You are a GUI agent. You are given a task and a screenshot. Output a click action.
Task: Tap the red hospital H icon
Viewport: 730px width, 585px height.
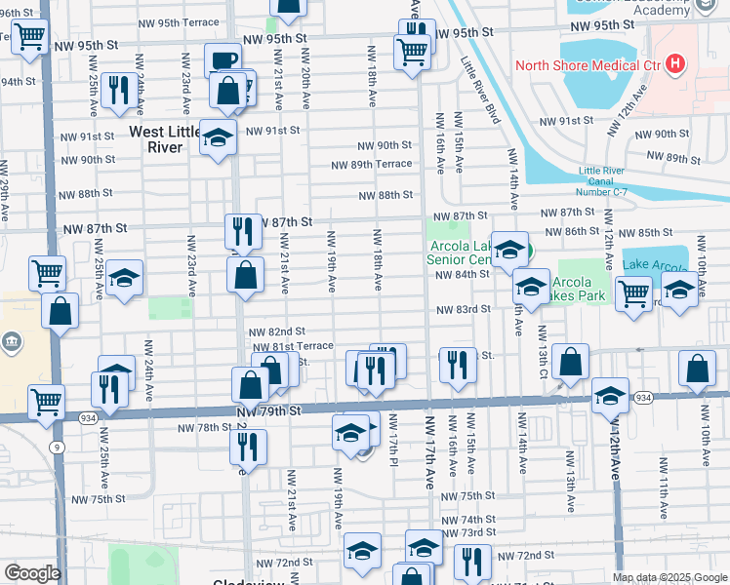[x=674, y=66]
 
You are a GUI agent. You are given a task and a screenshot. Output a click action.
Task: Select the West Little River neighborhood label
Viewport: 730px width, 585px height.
[x=156, y=138]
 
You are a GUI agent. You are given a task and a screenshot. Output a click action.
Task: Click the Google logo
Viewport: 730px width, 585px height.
[x=32, y=573]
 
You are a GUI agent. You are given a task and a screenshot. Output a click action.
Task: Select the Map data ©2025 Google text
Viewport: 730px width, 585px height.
[x=669, y=577]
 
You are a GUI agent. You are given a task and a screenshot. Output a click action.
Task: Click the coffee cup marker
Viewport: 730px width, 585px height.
[x=223, y=60]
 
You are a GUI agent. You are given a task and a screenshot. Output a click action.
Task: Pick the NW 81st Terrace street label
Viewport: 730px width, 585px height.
[x=293, y=346]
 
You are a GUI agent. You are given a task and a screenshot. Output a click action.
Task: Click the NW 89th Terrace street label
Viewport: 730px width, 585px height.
[x=371, y=165]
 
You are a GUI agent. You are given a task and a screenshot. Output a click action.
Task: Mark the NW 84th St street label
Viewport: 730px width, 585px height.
[x=461, y=275]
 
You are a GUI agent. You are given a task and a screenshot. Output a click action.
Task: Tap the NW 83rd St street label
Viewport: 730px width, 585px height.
[x=461, y=309]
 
